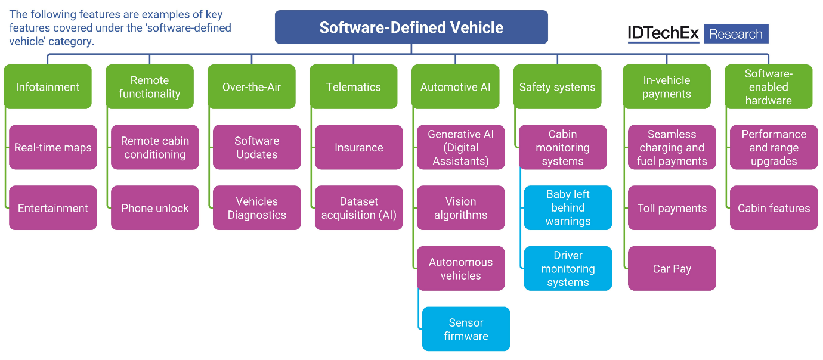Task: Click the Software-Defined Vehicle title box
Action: [x=411, y=27]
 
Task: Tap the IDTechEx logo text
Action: [x=663, y=34]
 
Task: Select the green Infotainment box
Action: [x=48, y=87]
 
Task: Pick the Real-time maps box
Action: [x=53, y=147]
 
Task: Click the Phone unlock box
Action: [x=155, y=208]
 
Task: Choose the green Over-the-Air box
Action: [x=252, y=87]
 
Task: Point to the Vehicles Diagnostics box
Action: [x=257, y=208]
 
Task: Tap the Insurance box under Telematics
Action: [x=359, y=147]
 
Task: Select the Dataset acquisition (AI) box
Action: [x=359, y=208]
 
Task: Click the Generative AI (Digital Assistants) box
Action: [x=460, y=147]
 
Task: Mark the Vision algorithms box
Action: [x=460, y=208]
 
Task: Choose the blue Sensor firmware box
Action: [x=466, y=329]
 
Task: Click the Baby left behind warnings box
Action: [x=568, y=208]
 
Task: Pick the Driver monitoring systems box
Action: [x=568, y=269]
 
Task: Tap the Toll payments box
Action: [x=672, y=208]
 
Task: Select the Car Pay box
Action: [x=672, y=269]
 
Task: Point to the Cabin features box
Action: [x=774, y=208]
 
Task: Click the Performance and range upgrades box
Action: [x=774, y=147]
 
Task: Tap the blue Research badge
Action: [x=736, y=34]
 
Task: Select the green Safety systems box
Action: [x=557, y=87]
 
